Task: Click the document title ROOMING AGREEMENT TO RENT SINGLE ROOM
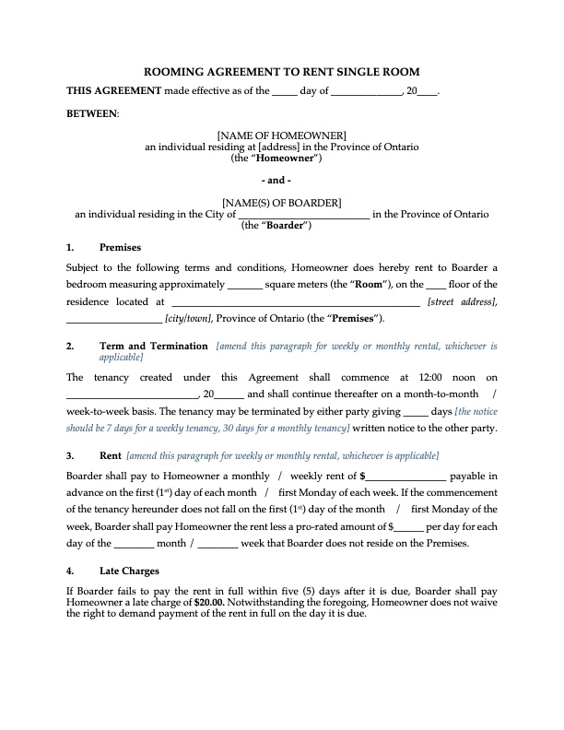tap(282, 73)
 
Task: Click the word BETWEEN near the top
tap(92, 113)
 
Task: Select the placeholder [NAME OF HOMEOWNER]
tap(282, 136)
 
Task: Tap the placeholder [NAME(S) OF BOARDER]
tap(282, 203)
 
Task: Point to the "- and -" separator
tap(282, 181)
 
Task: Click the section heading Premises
tap(120, 248)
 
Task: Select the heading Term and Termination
tap(153, 347)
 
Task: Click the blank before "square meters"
tap(244, 284)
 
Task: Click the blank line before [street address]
tap(295, 301)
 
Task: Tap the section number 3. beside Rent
tap(71, 456)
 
